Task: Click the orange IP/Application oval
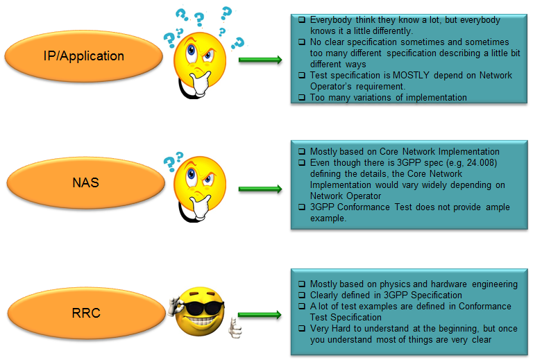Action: tap(83, 56)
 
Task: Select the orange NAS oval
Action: tap(85, 182)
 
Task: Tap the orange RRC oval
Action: tap(86, 313)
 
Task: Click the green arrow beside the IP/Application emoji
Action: tap(260, 60)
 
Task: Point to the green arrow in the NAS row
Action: tap(260, 189)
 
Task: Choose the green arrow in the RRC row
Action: tap(260, 315)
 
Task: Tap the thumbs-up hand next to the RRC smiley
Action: tap(235, 327)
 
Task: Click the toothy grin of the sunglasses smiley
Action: tap(201, 322)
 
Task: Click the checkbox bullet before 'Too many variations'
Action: tap(302, 98)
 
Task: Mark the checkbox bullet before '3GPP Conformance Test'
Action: tap(302, 207)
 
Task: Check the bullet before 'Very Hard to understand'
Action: tap(302, 328)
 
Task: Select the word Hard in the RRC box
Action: tap(341, 328)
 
